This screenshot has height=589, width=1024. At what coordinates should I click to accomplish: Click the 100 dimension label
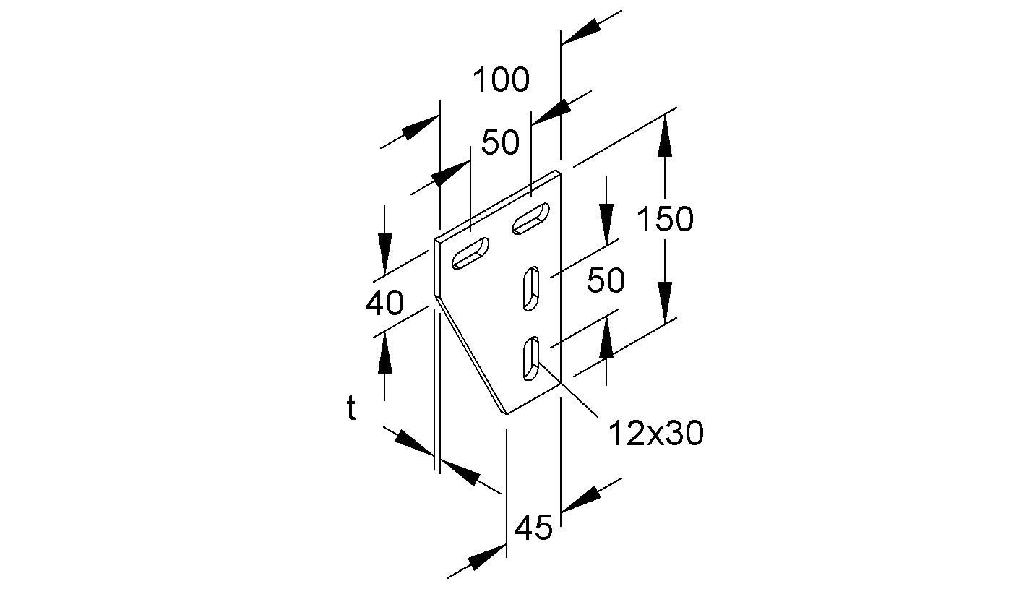[x=501, y=80]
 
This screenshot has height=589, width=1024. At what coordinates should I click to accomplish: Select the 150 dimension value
[x=664, y=218]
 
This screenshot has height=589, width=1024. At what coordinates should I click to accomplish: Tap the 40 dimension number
[x=384, y=304]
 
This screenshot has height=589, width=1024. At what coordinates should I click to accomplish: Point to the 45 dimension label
[x=533, y=528]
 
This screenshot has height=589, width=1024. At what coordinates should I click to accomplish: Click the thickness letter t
[x=351, y=410]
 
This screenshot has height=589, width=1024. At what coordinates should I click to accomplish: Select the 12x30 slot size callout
[x=655, y=434]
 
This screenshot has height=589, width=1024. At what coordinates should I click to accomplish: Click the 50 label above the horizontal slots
[x=500, y=142]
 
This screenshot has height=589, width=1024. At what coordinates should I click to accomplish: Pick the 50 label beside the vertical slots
[x=605, y=280]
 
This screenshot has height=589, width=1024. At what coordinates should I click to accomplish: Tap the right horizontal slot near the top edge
[x=531, y=220]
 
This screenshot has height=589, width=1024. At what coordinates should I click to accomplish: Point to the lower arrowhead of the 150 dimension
[x=665, y=301]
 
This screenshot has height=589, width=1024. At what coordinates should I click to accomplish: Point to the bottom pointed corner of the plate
[x=505, y=413]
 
